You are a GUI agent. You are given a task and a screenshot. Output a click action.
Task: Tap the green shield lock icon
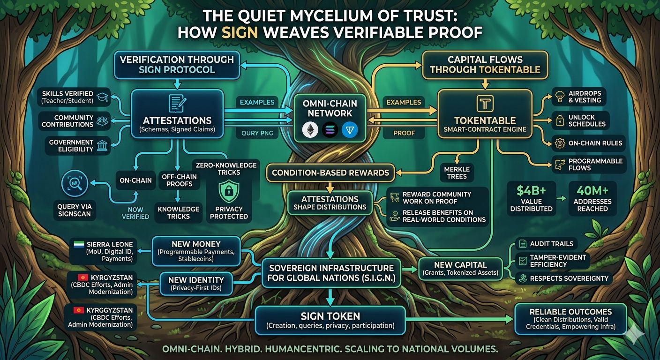(229, 191)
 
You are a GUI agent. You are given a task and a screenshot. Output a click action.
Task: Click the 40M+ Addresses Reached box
(592, 199)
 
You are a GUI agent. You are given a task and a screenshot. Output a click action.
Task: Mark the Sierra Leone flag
(79, 244)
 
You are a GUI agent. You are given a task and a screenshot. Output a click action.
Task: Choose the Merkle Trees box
(457, 172)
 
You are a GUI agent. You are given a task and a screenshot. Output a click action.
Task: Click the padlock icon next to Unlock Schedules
(558, 120)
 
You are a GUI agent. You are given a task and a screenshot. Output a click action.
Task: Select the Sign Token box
(330, 320)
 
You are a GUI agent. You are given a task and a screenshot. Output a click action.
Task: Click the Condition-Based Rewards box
(330, 172)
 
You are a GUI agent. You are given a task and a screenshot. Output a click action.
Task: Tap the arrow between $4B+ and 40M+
(559, 198)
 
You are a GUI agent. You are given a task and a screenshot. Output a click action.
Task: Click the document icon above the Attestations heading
(177, 103)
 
